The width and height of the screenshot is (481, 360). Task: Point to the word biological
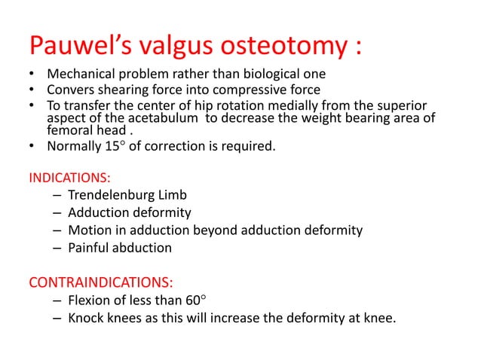point(271,75)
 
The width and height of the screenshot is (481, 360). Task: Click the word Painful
point(88,247)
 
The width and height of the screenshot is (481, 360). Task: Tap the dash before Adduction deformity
point(58,213)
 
